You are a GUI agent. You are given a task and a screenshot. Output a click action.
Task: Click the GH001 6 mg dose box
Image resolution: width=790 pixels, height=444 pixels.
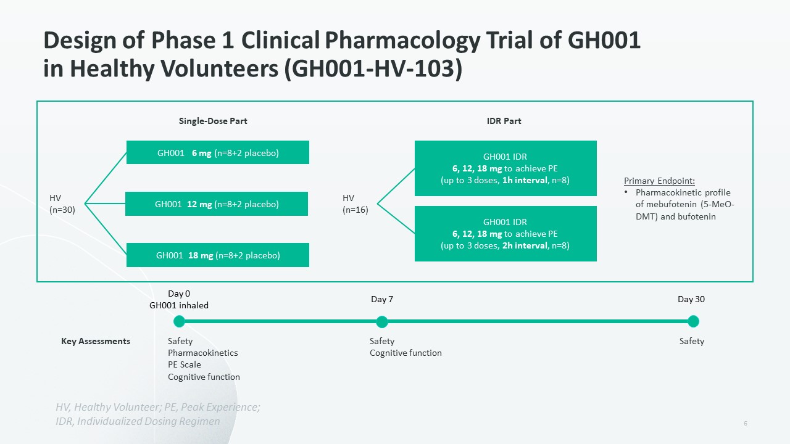click(x=218, y=152)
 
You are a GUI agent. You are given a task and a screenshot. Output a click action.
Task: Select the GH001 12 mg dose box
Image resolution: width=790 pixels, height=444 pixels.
click(x=217, y=203)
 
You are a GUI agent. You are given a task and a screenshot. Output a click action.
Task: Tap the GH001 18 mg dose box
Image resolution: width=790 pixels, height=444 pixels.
click(x=218, y=255)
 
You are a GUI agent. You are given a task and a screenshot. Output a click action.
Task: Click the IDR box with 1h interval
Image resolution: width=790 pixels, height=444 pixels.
click(x=505, y=168)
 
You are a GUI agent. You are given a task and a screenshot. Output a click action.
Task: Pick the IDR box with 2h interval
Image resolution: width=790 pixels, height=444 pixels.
click(x=505, y=234)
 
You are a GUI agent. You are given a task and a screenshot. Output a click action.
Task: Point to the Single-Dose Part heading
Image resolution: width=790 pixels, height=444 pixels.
click(x=213, y=121)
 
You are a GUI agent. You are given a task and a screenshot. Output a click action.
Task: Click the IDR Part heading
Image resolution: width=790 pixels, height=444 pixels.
click(x=504, y=121)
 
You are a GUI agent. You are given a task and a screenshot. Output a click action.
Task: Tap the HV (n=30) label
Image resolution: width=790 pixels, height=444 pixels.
click(x=62, y=203)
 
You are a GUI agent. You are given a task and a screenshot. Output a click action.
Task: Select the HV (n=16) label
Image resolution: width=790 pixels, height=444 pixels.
click(x=355, y=203)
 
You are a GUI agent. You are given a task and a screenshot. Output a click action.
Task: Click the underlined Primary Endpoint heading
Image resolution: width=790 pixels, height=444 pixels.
click(x=659, y=181)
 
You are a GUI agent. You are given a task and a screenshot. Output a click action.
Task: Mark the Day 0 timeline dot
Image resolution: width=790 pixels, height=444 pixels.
click(x=179, y=321)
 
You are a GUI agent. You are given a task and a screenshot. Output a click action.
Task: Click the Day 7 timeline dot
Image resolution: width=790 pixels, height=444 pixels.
click(x=381, y=321)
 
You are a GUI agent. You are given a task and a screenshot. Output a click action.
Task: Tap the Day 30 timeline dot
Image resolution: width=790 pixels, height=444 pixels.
click(x=693, y=321)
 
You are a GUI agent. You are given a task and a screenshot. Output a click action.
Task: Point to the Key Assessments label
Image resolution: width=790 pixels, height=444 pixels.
click(x=96, y=341)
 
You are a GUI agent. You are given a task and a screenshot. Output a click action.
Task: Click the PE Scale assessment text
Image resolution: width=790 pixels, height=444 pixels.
click(x=185, y=364)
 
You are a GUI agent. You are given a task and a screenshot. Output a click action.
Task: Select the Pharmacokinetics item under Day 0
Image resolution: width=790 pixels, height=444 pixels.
click(x=203, y=353)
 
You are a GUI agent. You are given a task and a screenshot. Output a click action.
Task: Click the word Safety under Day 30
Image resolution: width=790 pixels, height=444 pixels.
click(x=692, y=341)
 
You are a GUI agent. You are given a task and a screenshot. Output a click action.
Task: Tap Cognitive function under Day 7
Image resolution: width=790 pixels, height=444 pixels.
click(x=405, y=353)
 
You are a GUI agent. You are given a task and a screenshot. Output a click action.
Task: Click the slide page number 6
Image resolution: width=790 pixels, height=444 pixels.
click(x=746, y=423)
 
